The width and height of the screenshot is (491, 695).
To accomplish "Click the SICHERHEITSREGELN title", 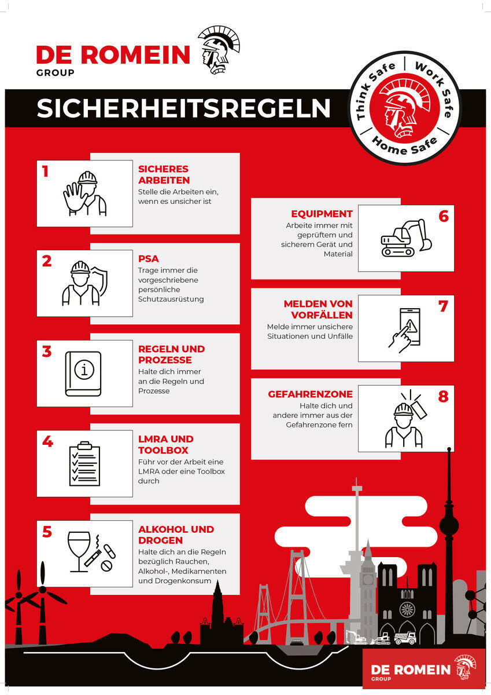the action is pos(183,109).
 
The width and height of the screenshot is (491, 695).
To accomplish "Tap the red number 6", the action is pos(444,216).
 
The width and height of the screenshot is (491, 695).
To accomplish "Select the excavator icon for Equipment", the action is pos(406,238).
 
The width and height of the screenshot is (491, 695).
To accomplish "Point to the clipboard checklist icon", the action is pos(84,463).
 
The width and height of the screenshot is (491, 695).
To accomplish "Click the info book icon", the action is pos(83,374).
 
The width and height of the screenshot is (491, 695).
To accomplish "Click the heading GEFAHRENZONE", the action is pos(310,394).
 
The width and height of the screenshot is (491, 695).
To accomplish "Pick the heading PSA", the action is pos(149,259).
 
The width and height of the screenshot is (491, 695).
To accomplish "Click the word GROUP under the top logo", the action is pos(55,73).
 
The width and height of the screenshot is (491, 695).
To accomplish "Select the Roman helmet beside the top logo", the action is pos(219,50).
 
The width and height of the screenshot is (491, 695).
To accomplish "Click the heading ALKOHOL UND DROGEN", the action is pos(176,535).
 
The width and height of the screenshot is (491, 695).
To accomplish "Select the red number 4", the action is pos(47,441).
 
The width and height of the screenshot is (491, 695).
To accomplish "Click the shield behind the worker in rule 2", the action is pos(102,281).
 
